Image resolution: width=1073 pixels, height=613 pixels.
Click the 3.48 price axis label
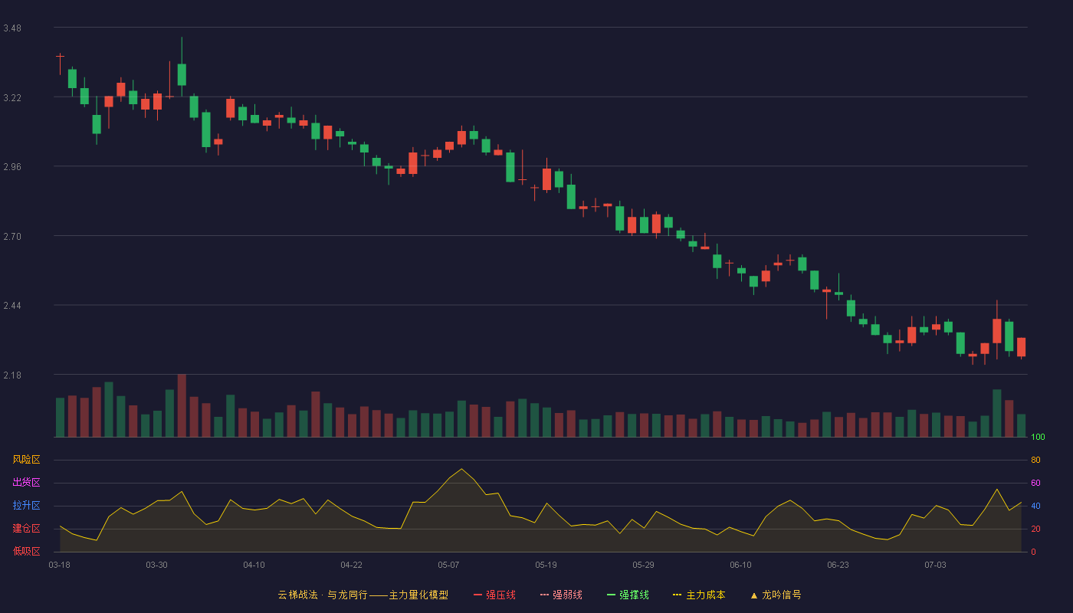pos(12,28)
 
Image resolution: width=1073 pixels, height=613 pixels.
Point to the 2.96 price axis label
pos(12,167)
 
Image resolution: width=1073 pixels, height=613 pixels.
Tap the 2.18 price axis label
pos(12,375)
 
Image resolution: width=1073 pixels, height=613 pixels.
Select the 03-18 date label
pos(60,565)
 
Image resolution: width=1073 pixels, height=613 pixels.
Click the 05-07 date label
pos(448,565)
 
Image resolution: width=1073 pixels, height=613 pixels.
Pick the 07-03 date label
pos(935,565)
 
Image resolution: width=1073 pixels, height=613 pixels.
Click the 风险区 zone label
pos(26,460)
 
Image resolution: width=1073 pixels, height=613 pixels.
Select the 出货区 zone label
pos(26,482)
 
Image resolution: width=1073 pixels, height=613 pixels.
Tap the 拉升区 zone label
pos(26,505)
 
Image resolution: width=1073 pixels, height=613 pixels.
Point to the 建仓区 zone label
pos(26,528)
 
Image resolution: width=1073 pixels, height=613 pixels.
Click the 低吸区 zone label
pos(26,551)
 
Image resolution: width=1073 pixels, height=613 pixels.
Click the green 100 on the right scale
pos(1038,437)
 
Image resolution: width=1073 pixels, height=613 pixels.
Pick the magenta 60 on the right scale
pos(1035,483)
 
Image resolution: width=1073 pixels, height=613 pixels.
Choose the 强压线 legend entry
pos(494,595)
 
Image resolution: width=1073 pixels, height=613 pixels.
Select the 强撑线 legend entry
pos(628,595)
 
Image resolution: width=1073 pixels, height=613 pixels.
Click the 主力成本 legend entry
pos(699,595)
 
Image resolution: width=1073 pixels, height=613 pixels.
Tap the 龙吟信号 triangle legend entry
pos(776,595)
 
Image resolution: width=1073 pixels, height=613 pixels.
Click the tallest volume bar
pos(182,405)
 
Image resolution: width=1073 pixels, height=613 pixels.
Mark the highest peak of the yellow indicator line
pos(461,469)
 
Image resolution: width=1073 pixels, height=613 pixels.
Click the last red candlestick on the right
pos(1021,347)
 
